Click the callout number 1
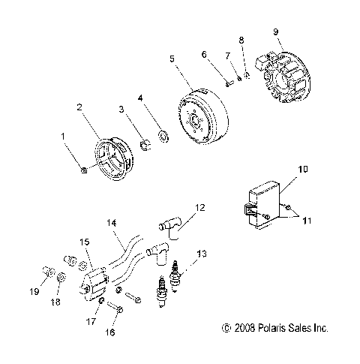pyautogui.click(x=63, y=136)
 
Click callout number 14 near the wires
pyautogui.click(x=111, y=223)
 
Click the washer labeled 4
pyautogui.click(x=163, y=137)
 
